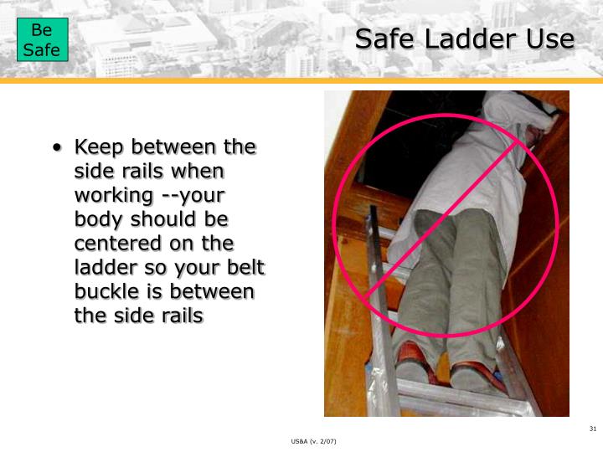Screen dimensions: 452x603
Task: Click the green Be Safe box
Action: (41, 41)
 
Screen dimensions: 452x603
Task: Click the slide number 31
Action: (593, 429)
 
